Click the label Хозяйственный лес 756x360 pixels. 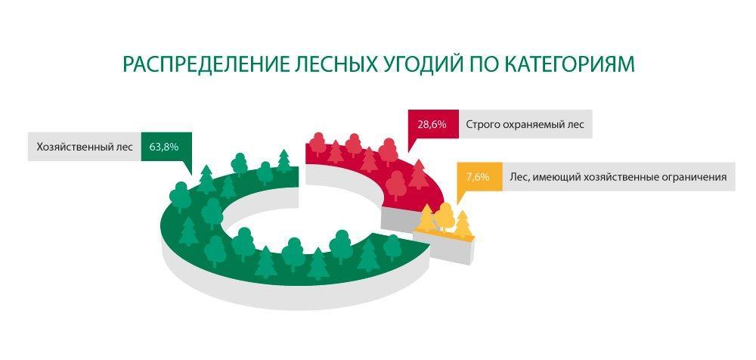tap(85, 147)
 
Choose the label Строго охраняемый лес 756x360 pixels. tap(525, 125)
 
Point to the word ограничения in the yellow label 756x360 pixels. tap(692, 177)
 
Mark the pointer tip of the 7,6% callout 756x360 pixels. tap(456, 205)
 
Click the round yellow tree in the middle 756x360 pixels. tap(444, 217)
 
